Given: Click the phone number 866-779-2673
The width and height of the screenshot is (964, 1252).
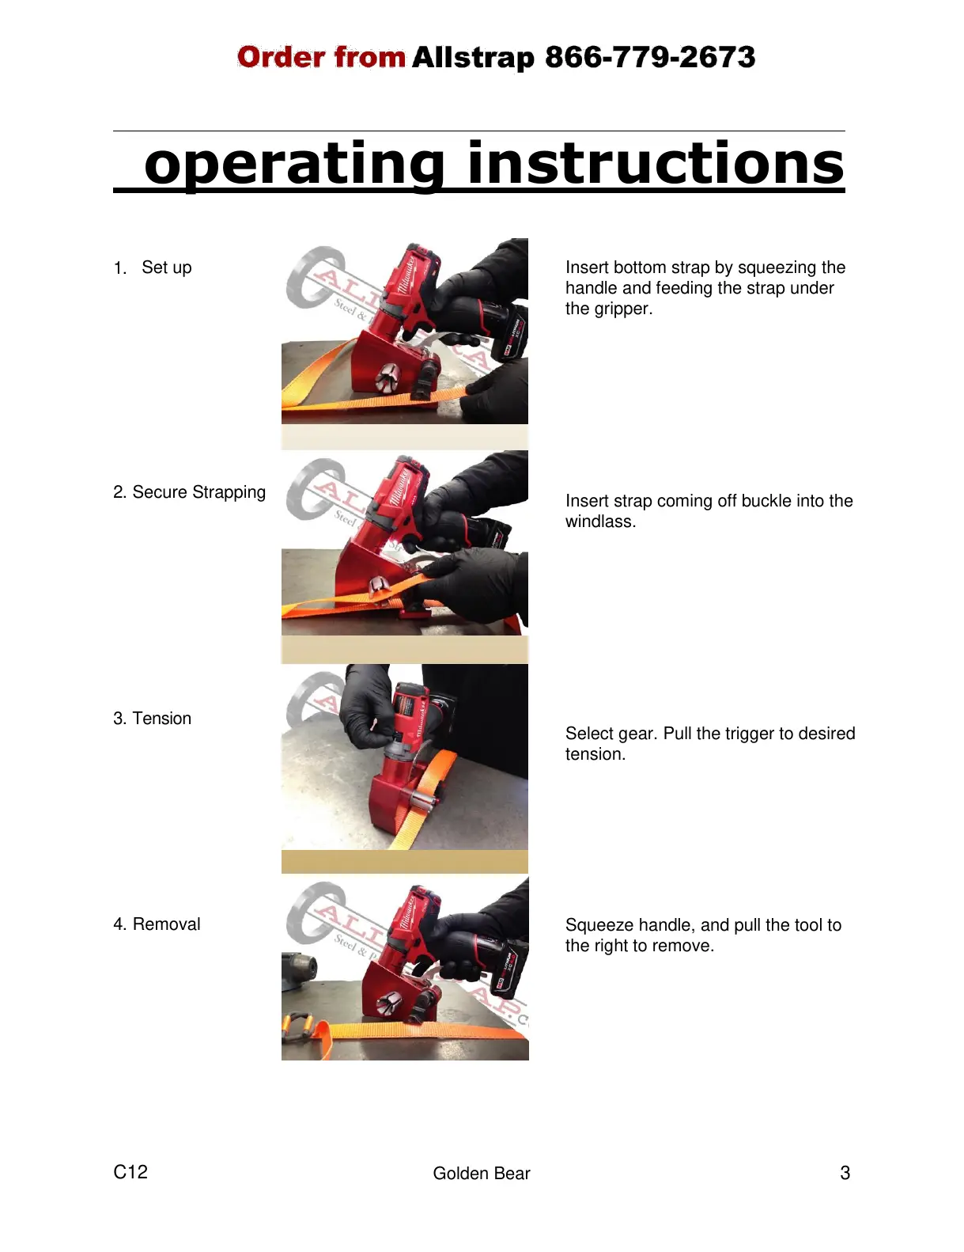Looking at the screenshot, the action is click(x=650, y=56).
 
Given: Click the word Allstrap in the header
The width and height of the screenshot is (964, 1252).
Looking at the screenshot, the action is click(x=473, y=58).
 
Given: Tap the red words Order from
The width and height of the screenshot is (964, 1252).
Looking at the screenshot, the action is click(x=321, y=56).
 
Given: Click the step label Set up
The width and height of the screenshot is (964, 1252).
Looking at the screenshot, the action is click(x=166, y=267).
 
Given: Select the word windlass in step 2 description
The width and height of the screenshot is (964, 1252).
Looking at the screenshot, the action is click(x=600, y=522).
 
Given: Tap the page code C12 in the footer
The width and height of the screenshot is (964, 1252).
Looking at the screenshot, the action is click(x=130, y=1172).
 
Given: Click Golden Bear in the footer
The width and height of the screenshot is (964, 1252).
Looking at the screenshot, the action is click(x=481, y=1173).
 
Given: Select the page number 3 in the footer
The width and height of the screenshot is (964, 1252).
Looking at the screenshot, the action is click(x=845, y=1173).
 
